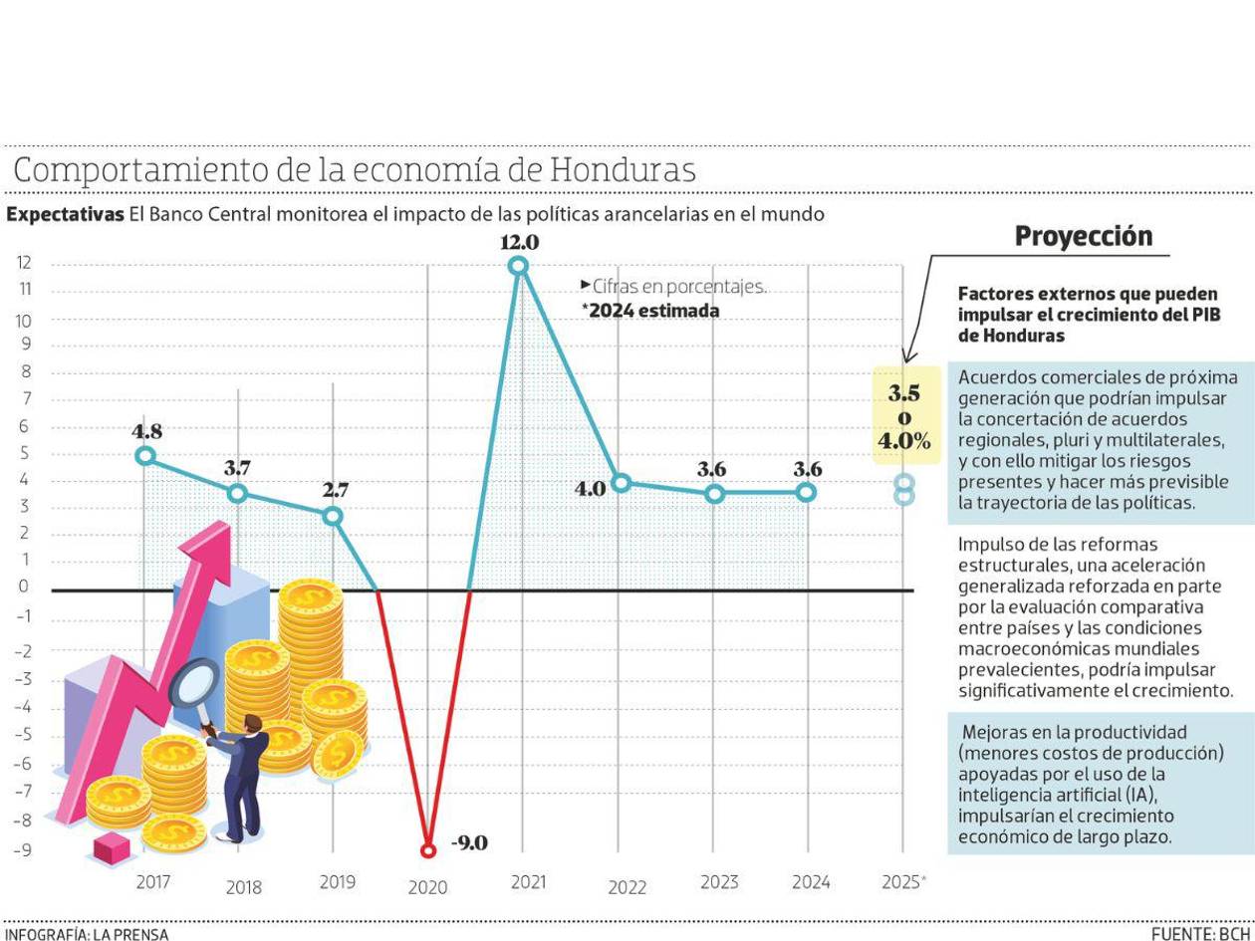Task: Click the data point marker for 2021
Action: click(x=518, y=265)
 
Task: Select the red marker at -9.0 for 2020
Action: click(x=428, y=850)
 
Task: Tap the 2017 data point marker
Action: click(x=145, y=456)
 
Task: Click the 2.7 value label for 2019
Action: click(x=335, y=490)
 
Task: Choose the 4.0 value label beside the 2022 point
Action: click(x=591, y=488)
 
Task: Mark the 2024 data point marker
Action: click(x=806, y=492)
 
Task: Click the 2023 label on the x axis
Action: click(x=719, y=882)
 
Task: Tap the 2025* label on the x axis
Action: click(x=903, y=882)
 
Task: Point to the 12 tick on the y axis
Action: click(x=23, y=263)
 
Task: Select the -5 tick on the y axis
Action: click(x=22, y=736)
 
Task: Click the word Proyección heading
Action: click(x=1083, y=236)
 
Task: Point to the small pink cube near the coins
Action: click(x=112, y=847)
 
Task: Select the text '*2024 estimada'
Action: click(x=652, y=311)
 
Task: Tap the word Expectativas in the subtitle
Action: click(x=65, y=214)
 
